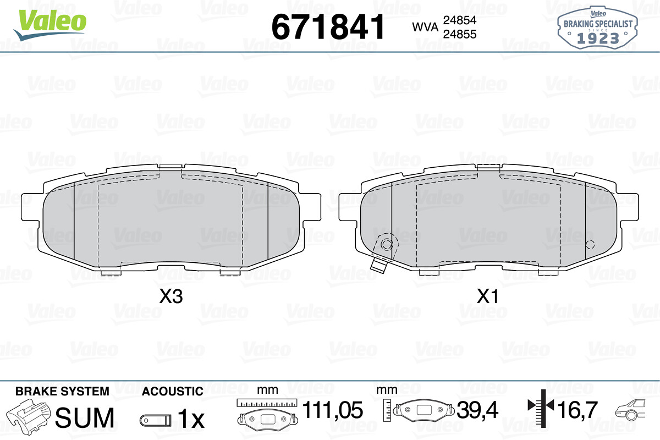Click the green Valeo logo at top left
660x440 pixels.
pyautogui.click(x=50, y=25)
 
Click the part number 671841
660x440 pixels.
pyautogui.click(x=328, y=27)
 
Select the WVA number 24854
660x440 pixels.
pyautogui.click(x=460, y=20)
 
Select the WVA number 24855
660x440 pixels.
pyautogui.click(x=460, y=34)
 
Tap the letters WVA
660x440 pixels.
pyautogui.click(x=425, y=27)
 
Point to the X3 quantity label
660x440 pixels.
pyautogui.click(x=171, y=296)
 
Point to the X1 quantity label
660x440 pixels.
pyautogui.click(x=488, y=296)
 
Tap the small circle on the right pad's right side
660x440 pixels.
pyautogui.click(x=590, y=245)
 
